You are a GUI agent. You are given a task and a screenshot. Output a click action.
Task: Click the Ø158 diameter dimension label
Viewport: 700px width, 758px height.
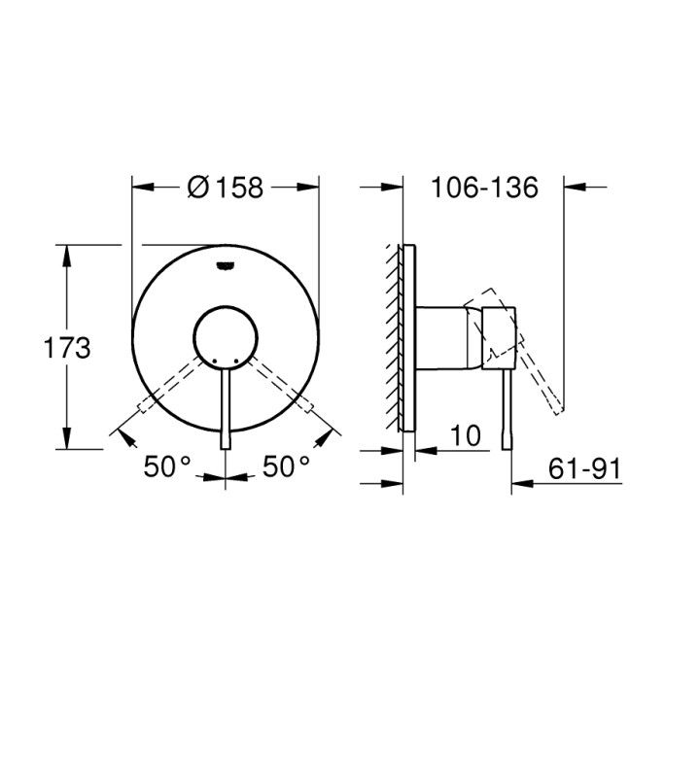click(226, 188)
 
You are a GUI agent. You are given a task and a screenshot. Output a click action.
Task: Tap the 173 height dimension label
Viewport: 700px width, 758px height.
click(67, 348)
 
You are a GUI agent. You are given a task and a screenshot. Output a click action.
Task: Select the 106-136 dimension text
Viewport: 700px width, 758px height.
click(484, 188)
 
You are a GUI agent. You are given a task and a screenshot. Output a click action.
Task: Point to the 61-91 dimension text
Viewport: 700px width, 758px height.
click(584, 468)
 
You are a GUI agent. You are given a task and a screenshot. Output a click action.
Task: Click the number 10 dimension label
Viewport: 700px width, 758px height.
click(466, 435)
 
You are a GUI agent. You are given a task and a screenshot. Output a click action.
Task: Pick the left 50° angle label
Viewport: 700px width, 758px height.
click(167, 466)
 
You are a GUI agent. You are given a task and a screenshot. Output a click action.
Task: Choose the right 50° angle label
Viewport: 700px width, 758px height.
click(286, 466)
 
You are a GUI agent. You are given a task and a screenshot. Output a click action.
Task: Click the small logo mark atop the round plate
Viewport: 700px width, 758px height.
click(226, 265)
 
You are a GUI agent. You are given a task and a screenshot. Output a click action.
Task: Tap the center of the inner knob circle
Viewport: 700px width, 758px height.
click(226, 338)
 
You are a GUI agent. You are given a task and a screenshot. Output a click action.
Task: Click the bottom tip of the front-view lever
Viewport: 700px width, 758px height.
click(226, 449)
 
